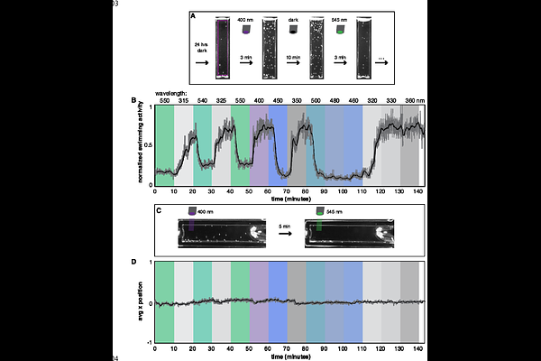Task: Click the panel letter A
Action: [193, 15]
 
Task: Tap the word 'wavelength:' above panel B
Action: [172, 93]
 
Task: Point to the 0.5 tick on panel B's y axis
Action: [149, 145]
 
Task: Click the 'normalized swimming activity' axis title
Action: [141, 145]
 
